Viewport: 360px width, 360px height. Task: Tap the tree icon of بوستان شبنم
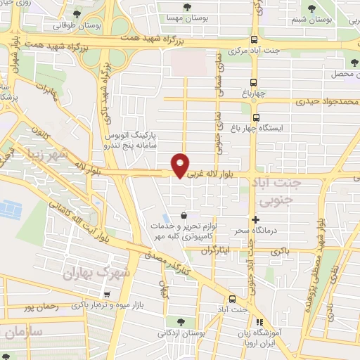click(x=311, y=8)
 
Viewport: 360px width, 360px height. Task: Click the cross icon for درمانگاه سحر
click(x=255, y=220)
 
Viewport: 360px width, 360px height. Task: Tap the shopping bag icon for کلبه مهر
click(x=184, y=215)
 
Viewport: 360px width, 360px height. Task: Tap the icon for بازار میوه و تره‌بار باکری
click(x=106, y=295)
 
